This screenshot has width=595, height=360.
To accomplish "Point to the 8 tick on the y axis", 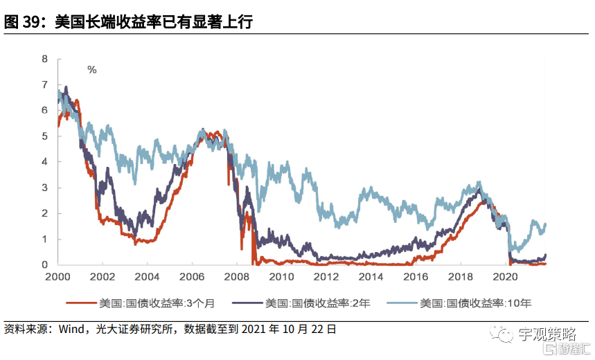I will [x=45, y=59].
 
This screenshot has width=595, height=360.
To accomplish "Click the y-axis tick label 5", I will [x=45, y=136].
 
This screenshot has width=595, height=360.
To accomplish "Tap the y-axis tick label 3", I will [x=45, y=188].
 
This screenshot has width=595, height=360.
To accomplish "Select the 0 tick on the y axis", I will [x=45, y=264].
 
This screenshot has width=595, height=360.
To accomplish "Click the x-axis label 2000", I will [x=57, y=277].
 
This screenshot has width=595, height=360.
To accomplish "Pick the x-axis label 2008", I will [x=237, y=277].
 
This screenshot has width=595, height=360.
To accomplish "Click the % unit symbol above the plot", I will [x=91, y=69].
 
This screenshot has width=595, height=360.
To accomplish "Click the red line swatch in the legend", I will [x=82, y=303].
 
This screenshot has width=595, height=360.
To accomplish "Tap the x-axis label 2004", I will [x=147, y=277].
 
